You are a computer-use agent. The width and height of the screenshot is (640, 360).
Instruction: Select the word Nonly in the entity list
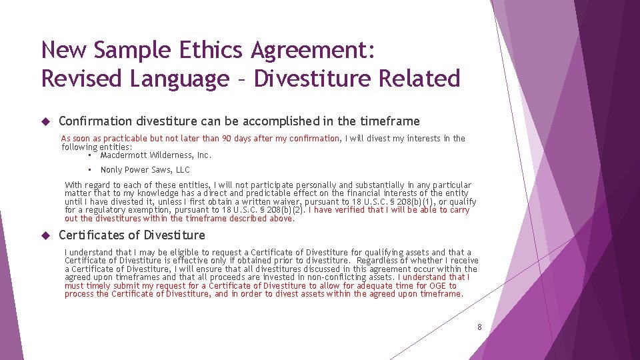111,170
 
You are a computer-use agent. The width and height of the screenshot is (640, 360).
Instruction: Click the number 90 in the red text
227,139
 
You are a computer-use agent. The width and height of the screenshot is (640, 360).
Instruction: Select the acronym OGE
438,286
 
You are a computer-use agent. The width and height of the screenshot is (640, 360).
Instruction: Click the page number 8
479,327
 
